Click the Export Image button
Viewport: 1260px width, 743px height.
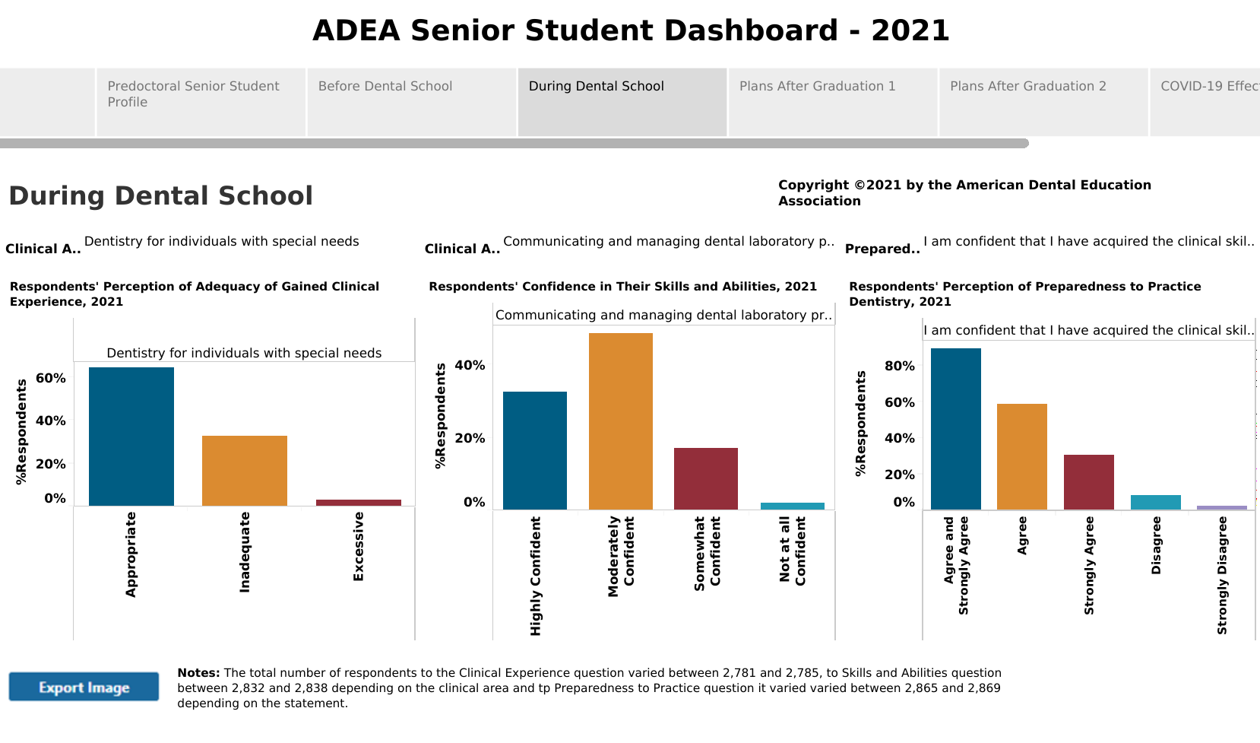(x=84, y=687)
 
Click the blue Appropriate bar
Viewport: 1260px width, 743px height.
(x=131, y=437)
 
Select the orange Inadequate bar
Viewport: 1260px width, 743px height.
(x=245, y=471)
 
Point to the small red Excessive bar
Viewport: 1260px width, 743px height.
(x=359, y=503)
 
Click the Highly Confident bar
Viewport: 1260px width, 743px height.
(x=535, y=450)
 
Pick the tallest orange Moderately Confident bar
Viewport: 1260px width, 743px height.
(x=621, y=421)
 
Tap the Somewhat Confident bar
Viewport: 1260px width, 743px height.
(x=706, y=478)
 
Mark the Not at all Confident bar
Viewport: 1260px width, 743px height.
(x=793, y=506)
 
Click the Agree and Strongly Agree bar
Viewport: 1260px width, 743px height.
(x=956, y=429)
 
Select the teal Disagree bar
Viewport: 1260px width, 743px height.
(x=1156, y=502)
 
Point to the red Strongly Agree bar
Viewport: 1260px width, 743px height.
(x=1089, y=482)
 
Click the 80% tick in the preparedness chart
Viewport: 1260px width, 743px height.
(x=900, y=366)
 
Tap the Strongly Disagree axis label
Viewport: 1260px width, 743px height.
(x=1222, y=575)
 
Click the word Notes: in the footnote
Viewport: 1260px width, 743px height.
(x=198, y=673)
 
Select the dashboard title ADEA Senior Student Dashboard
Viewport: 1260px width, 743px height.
(x=631, y=30)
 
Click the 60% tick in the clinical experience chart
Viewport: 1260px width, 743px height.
(x=51, y=378)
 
